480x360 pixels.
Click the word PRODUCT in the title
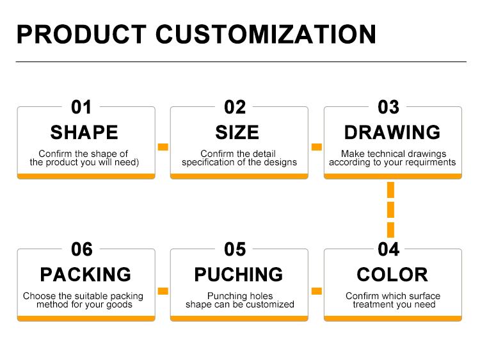pyautogui.click(x=81, y=34)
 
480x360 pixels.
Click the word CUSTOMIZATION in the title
pyautogui.click(x=266, y=34)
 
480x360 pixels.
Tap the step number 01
pyautogui.click(x=81, y=107)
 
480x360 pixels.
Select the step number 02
pyautogui.click(x=235, y=107)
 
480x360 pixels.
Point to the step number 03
pyautogui.click(x=388, y=107)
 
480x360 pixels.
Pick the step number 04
pyautogui.click(x=388, y=249)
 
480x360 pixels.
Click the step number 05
pyautogui.click(x=235, y=249)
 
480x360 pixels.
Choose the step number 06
pyautogui.click(x=81, y=249)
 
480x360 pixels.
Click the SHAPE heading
pyautogui.click(x=84, y=133)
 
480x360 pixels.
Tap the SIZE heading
pyautogui.click(x=237, y=133)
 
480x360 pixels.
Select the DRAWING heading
pyautogui.click(x=392, y=133)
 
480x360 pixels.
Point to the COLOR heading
pyautogui.click(x=392, y=275)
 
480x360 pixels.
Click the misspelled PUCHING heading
pyautogui.click(x=239, y=275)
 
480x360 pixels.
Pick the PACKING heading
pyautogui.click(x=85, y=275)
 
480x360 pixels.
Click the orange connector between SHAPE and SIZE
pyautogui.click(x=163, y=147)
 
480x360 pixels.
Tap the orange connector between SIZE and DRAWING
pyautogui.click(x=317, y=147)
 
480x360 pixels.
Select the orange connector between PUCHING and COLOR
pyautogui.click(x=317, y=291)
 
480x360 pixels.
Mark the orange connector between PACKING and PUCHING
pyautogui.click(x=163, y=291)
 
